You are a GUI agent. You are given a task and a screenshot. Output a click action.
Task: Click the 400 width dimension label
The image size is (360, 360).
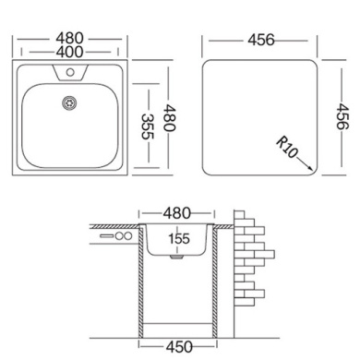pyautogui.click(x=69, y=52)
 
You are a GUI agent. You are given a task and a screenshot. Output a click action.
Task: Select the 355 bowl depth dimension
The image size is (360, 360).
pyautogui.click(x=148, y=126)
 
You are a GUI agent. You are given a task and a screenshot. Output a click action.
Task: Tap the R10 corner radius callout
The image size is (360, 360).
pyautogui.click(x=286, y=148)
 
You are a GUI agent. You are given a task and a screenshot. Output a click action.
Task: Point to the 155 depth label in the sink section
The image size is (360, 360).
pyautogui.click(x=179, y=239)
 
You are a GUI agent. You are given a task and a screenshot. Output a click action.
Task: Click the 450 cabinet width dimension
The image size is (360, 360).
pyautogui.click(x=179, y=347)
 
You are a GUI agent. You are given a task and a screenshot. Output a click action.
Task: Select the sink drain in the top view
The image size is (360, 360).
pyautogui.click(x=69, y=102)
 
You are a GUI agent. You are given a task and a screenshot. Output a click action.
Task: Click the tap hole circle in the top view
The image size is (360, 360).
pyautogui.click(x=70, y=73)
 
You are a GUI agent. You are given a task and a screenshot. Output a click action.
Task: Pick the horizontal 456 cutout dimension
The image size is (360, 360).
pyautogui.click(x=261, y=41)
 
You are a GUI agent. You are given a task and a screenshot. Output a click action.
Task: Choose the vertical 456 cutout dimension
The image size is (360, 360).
pyautogui.click(x=342, y=116)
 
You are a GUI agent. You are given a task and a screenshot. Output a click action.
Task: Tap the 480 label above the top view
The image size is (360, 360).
pyautogui.click(x=70, y=39)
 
